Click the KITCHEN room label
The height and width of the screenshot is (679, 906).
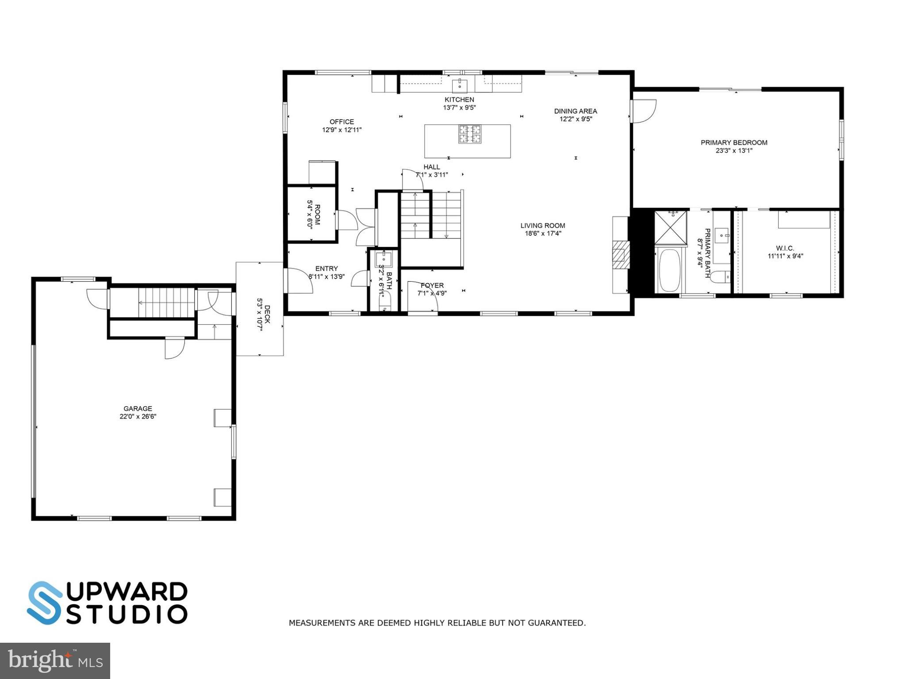[x=459, y=100]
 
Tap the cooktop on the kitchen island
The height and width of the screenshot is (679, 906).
[x=469, y=134]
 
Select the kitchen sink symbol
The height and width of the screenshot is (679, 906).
[x=460, y=84]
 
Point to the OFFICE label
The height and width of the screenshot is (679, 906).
[x=342, y=122]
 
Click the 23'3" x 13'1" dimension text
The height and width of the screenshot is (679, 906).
[x=734, y=150]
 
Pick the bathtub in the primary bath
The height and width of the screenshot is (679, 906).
[x=670, y=270]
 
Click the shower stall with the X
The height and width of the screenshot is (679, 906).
[x=670, y=228]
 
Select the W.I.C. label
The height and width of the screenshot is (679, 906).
[x=785, y=248]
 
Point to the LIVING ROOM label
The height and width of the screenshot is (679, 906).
[x=542, y=226]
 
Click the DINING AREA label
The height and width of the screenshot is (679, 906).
[x=575, y=111]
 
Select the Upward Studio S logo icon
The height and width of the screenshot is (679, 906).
[x=45, y=602]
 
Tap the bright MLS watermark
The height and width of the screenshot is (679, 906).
[x=55, y=660]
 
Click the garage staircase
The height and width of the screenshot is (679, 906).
[x=166, y=303]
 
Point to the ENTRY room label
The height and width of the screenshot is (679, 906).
[x=326, y=269]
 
